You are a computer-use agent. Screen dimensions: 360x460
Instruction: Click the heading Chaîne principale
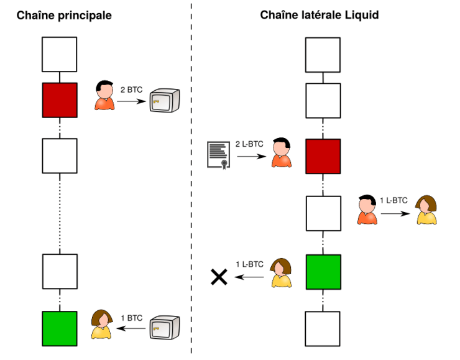(64, 15)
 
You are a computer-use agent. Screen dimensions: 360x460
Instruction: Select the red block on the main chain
(60, 100)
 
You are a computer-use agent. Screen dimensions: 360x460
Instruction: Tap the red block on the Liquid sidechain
(323, 157)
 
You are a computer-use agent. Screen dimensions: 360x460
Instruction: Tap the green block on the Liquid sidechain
(323, 272)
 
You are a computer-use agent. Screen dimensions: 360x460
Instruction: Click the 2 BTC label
(131, 90)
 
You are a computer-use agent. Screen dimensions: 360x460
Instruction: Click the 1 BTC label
(131, 318)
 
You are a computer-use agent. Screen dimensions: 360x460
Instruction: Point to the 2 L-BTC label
(249, 144)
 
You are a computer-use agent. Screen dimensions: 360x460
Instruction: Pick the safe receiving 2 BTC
(165, 99)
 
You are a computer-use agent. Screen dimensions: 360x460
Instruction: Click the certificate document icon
(219, 155)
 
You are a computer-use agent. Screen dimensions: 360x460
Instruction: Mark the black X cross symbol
(219, 276)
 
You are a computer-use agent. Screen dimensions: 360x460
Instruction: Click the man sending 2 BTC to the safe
(104, 96)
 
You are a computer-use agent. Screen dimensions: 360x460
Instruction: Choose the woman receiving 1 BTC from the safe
(101, 325)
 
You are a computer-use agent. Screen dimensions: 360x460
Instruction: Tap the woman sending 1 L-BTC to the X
(281, 272)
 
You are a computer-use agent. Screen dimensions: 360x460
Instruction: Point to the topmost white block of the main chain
(60, 54)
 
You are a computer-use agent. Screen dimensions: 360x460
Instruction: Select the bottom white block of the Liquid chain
(323, 328)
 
